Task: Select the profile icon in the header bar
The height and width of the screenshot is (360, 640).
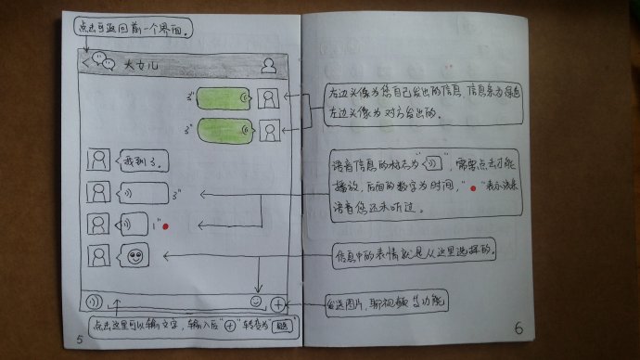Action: [269, 64]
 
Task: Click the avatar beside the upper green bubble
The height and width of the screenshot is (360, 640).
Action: [269, 97]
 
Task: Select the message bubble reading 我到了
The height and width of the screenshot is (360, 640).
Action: [140, 161]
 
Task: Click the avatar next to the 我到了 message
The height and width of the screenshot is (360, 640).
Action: [95, 160]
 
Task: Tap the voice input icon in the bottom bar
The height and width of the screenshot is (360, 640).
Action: [93, 302]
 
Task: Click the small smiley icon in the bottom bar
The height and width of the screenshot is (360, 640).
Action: [255, 302]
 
